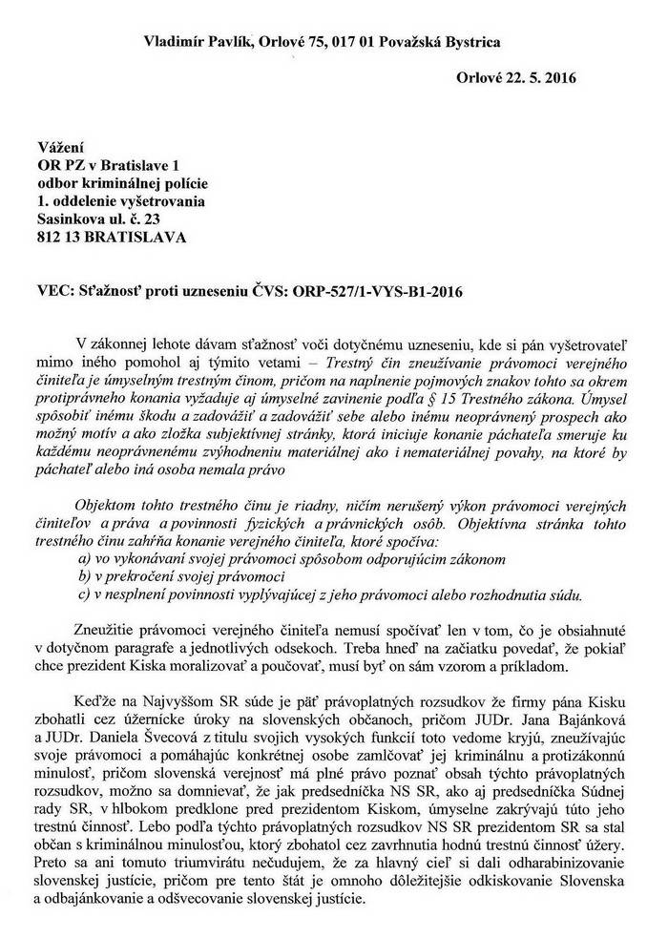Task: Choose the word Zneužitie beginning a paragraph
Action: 113,629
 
